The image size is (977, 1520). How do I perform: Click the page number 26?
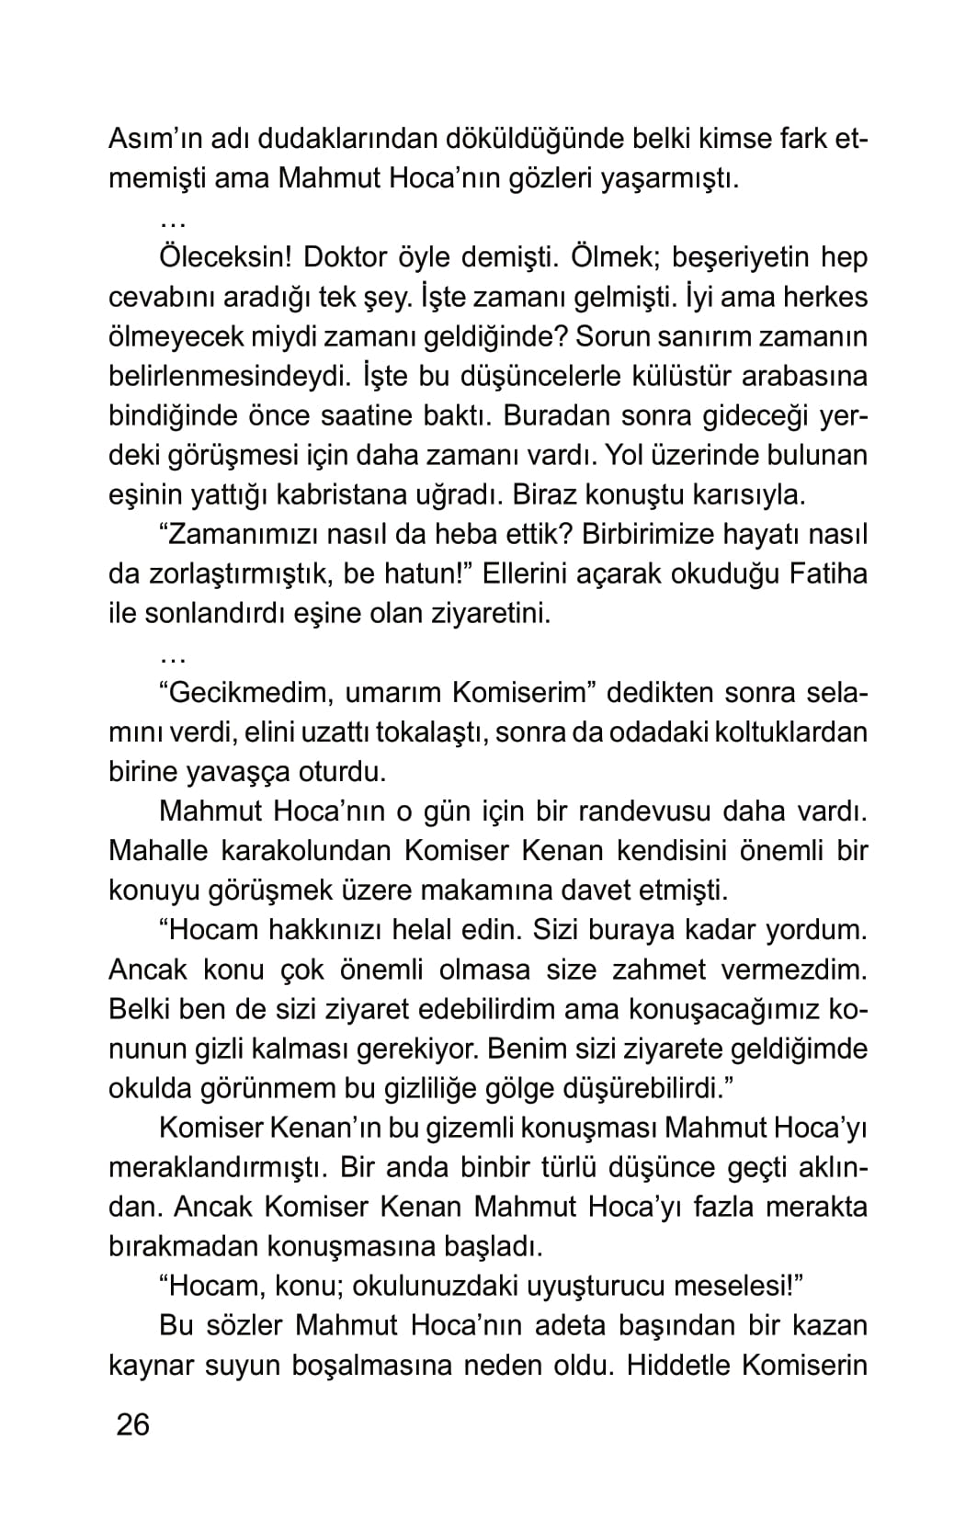click(132, 1425)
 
